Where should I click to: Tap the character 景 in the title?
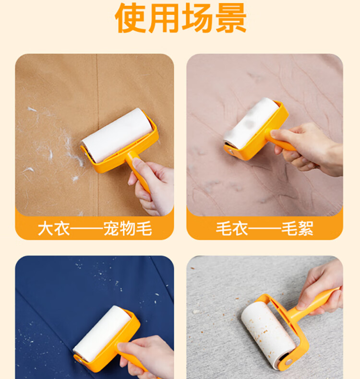(231, 18)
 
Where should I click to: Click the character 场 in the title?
(197, 18)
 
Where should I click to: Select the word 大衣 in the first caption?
(54, 228)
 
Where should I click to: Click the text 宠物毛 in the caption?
(127, 228)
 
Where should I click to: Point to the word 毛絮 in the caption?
(297, 228)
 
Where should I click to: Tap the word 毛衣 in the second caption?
(232, 228)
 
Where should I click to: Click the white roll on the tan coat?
(117, 135)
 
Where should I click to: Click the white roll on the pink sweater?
(251, 123)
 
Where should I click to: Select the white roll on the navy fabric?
(102, 333)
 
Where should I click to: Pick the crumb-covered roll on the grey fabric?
(268, 333)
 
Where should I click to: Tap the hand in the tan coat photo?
(152, 187)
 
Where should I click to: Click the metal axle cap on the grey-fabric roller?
(288, 362)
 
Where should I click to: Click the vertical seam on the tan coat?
(97, 135)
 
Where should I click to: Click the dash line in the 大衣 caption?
(86, 228)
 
